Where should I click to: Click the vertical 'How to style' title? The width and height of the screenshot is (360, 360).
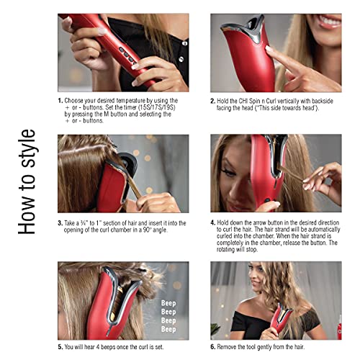tap(27, 182)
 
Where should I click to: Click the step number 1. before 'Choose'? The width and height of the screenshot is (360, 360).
tap(60, 101)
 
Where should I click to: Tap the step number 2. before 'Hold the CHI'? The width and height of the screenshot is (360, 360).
tap(213, 101)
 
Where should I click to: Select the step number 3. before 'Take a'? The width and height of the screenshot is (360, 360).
tap(60, 223)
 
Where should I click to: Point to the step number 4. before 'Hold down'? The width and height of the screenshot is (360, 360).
tap(213, 222)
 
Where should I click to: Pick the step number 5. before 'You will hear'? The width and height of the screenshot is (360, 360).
tap(60, 347)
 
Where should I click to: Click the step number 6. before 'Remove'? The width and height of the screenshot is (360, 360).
tap(213, 347)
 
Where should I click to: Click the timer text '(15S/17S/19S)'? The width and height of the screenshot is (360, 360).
tap(157, 107)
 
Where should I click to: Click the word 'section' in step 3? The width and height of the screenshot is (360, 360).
tap(112, 223)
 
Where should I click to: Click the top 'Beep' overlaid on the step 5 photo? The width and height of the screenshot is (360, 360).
tap(168, 303)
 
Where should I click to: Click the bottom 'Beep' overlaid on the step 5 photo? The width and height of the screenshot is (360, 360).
tap(168, 329)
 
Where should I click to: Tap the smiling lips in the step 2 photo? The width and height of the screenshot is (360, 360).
tap(330, 22)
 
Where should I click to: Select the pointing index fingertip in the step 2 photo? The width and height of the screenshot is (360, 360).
tap(268, 49)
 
